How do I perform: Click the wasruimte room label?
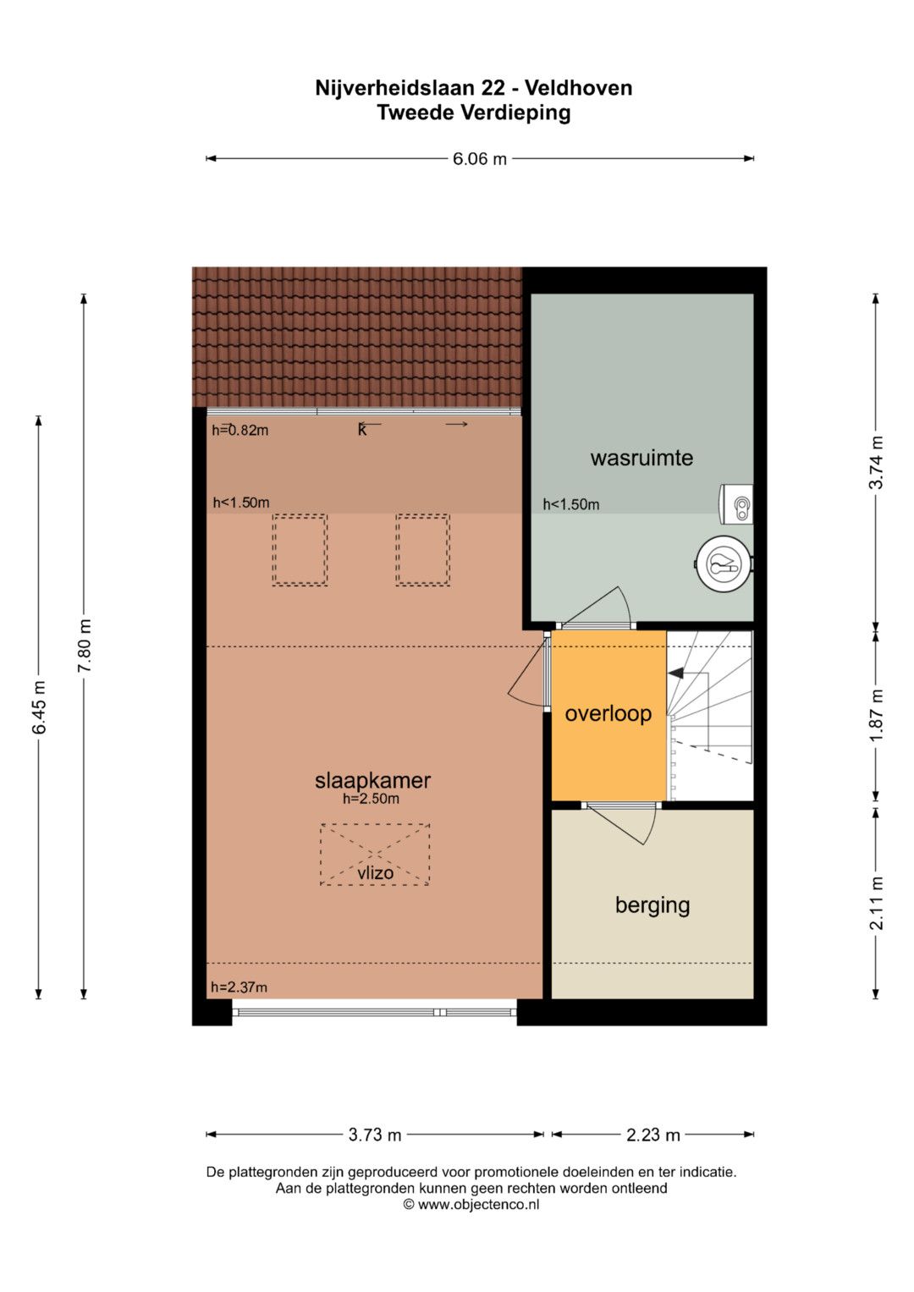coord(641,459)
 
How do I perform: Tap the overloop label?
coord(608,714)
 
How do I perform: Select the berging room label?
coord(652,905)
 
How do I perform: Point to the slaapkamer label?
coord(372,781)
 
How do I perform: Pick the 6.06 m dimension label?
coord(480,158)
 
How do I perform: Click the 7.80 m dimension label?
coord(85,646)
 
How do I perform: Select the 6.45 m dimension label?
coord(39,707)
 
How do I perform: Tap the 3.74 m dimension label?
coord(876,463)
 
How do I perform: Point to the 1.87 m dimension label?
coord(876,716)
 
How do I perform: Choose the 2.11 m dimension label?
coord(876,904)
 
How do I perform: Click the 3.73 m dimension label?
coord(374,1135)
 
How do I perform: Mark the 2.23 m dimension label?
coord(653,1135)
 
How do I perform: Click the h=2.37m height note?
coord(239,987)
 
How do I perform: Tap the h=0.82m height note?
coord(240,431)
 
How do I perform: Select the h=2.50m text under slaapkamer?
coord(371,799)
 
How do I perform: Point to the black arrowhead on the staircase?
coord(675,673)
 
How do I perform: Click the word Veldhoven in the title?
coord(579,88)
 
